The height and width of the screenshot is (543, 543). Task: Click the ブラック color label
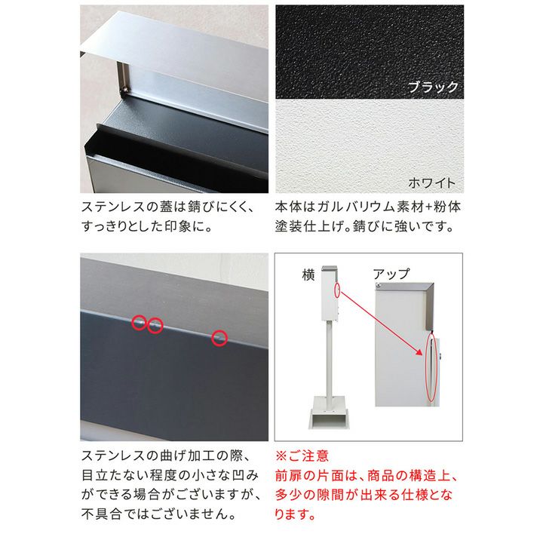433,87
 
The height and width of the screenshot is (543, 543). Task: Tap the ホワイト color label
431,183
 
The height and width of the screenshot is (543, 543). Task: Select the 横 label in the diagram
308,275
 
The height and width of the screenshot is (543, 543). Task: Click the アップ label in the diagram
391,275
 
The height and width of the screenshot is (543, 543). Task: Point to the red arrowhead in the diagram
419,351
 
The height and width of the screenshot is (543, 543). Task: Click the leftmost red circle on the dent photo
140,323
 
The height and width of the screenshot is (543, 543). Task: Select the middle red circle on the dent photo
155,325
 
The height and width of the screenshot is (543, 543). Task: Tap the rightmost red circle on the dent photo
219,338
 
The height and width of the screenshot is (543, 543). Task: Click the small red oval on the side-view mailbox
337,290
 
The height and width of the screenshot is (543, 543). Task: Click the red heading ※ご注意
302,456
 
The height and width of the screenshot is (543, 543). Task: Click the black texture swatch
370,51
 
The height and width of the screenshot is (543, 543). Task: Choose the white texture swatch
370,146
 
